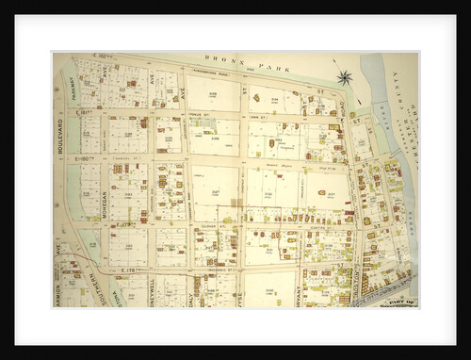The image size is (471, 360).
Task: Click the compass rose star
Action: [344, 77]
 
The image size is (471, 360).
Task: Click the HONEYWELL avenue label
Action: [151, 292]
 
